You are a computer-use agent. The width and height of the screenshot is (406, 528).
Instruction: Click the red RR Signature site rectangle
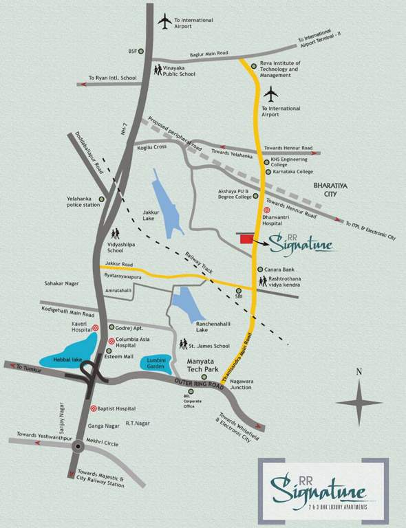(243, 238)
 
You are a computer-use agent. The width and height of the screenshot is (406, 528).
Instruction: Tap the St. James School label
(211, 345)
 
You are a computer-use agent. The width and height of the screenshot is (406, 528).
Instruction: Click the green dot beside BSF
(146, 51)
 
